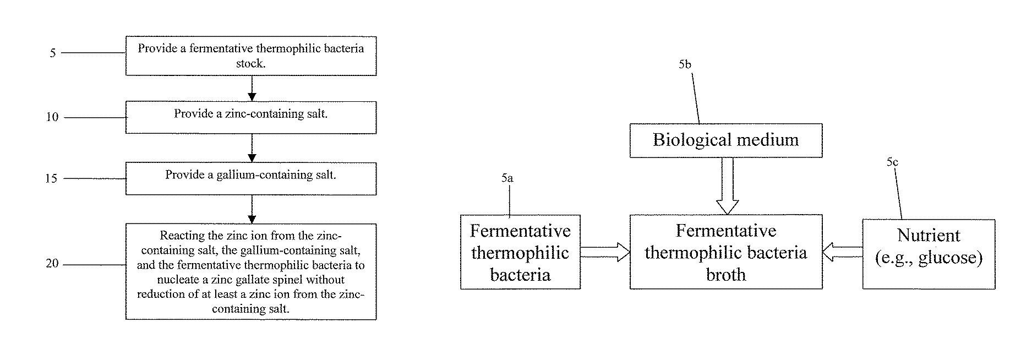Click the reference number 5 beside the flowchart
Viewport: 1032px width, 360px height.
pyautogui.click(x=53, y=53)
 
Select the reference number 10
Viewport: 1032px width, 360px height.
pyautogui.click(x=52, y=117)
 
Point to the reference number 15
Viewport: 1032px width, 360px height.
pyautogui.click(x=51, y=179)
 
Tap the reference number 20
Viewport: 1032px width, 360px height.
pyautogui.click(x=52, y=264)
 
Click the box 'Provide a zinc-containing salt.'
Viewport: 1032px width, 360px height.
pyautogui.click(x=251, y=117)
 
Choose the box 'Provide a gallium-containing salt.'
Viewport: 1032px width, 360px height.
pyautogui.click(x=251, y=178)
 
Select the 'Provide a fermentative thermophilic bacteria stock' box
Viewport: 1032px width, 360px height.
pyautogui.click(x=251, y=56)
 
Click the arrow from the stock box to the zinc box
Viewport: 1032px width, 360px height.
pyautogui.click(x=252, y=88)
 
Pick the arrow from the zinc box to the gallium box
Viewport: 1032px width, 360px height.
pyautogui.click(x=252, y=148)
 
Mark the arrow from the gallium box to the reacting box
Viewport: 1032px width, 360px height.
pyautogui.click(x=252, y=209)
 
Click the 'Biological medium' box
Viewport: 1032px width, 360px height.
pyautogui.click(x=726, y=140)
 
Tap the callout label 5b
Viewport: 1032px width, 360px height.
pyautogui.click(x=685, y=65)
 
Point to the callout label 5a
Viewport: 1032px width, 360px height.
pyautogui.click(x=507, y=178)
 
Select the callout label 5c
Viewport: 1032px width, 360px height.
pyautogui.click(x=892, y=162)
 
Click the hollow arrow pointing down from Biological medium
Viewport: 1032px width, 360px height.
pyautogui.click(x=727, y=186)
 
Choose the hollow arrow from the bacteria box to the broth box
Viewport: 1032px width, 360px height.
pyautogui.click(x=605, y=252)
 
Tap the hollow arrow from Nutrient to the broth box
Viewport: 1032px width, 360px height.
pyautogui.click(x=842, y=252)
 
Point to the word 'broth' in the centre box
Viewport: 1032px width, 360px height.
pyautogui.click(x=726, y=275)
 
